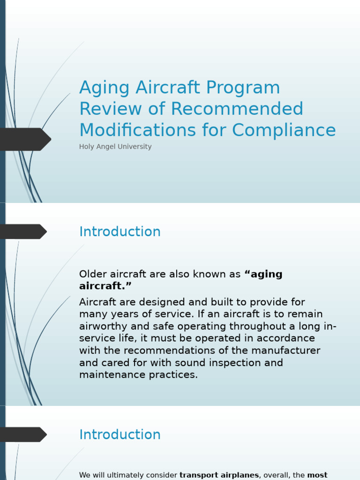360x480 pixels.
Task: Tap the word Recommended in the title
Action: (237, 109)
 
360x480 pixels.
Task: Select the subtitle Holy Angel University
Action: (115, 147)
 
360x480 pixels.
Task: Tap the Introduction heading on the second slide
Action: (120, 232)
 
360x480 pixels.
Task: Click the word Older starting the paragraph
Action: (94, 274)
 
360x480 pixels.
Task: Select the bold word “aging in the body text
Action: (263, 275)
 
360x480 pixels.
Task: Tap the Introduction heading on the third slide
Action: (120, 435)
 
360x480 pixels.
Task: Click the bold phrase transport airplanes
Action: (219, 475)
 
